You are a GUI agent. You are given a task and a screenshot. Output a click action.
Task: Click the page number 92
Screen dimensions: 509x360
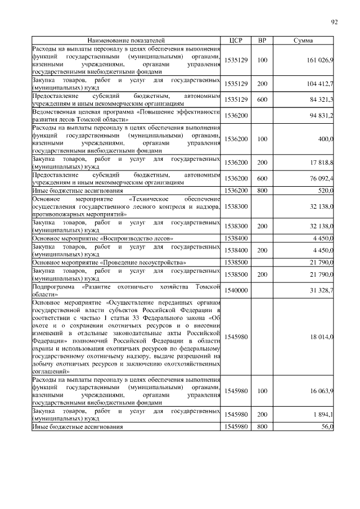(334, 22)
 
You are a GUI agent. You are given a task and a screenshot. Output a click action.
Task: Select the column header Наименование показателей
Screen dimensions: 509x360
(127, 40)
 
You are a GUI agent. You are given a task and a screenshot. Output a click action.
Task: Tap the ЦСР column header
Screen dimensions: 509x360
(236, 40)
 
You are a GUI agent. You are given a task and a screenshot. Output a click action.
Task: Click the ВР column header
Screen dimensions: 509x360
(262, 40)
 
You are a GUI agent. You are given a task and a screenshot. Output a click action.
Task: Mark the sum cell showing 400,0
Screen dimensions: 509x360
(325, 138)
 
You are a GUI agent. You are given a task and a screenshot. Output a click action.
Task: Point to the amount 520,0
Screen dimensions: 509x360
(325, 191)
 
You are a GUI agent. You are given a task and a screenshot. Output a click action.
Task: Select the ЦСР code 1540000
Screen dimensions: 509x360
(236, 290)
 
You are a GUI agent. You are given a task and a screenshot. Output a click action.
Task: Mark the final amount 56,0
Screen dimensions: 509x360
(327, 427)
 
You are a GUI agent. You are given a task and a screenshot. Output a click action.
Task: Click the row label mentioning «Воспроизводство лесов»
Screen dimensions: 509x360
(102, 238)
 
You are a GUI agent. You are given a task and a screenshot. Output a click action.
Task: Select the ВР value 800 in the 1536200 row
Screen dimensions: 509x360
(262, 191)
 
